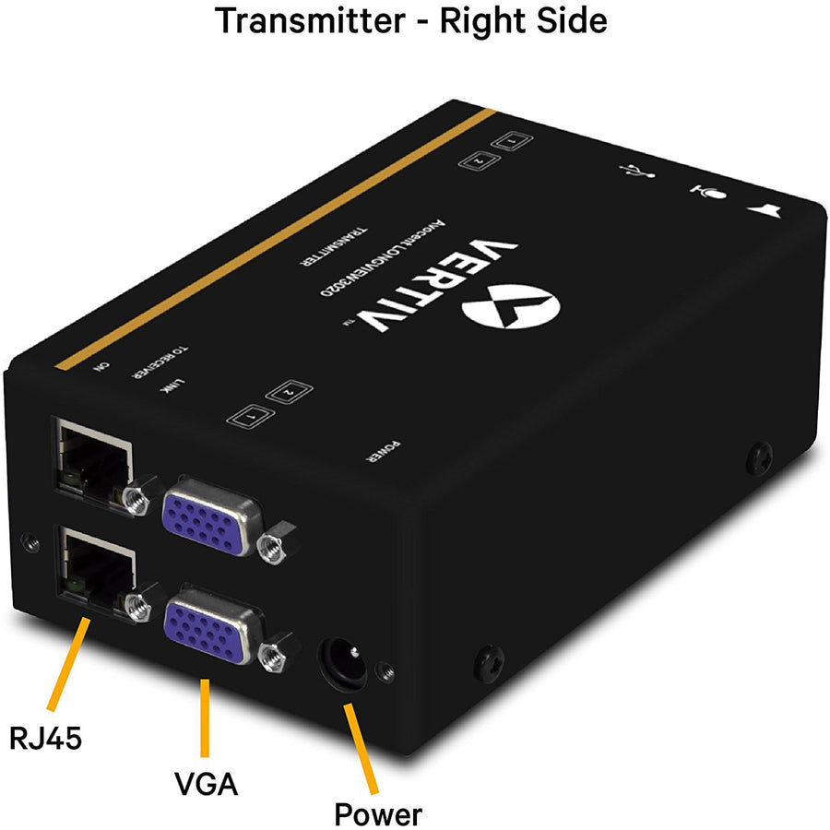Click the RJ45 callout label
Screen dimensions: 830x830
[x=45, y=737]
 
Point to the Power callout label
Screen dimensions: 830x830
[x=378, y=813]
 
